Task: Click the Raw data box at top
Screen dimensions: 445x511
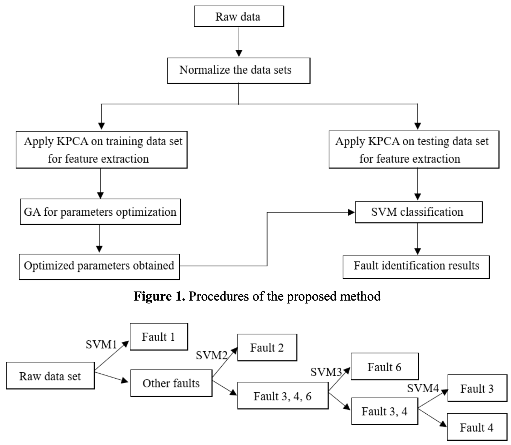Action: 239,16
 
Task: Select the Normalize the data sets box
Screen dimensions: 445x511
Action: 239,70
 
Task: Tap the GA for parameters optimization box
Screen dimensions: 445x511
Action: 100,212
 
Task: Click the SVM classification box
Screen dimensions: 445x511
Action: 419,212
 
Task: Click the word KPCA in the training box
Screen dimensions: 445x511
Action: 72,141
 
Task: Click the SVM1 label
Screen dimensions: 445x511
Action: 101,345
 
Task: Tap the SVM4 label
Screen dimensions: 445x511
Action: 423,388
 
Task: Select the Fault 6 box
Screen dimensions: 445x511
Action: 384,366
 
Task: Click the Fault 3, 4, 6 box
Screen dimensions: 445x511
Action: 283,396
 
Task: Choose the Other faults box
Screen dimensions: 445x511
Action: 171,383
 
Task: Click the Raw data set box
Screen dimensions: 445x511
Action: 50,376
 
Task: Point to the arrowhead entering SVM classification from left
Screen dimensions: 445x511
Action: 351,212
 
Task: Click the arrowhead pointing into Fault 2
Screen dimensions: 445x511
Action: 234,351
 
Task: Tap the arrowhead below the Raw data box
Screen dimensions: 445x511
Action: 239,53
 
